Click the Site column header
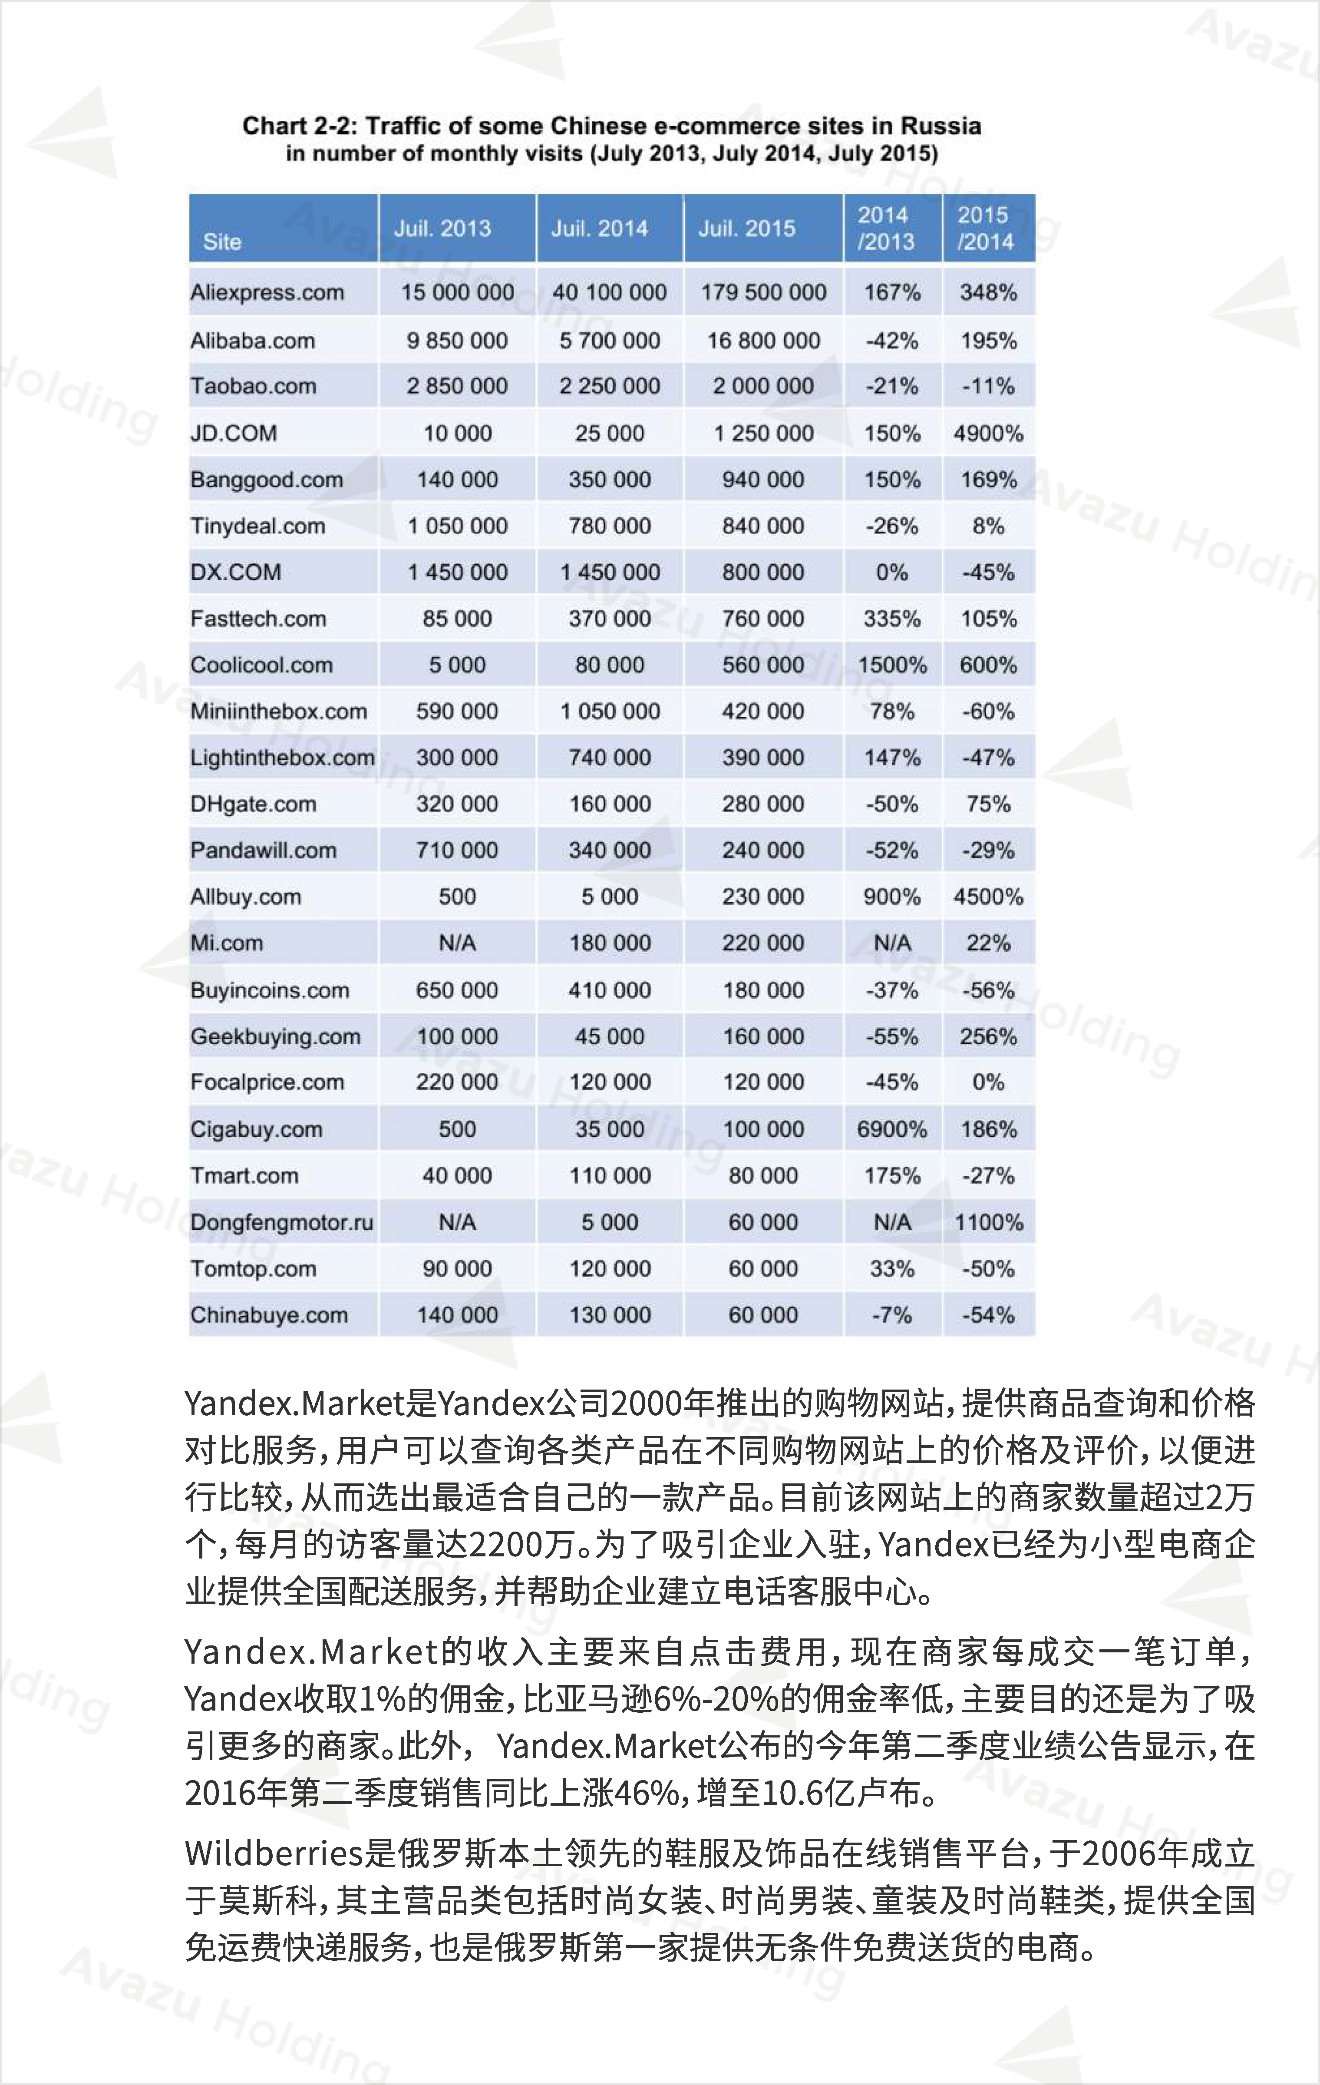(x=222, y=242)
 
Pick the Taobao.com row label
(x=253, y=386)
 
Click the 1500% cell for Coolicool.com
(x=891, y=665)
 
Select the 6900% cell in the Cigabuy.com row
(x=891, y=1129)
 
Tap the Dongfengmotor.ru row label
(x=281, y=1223)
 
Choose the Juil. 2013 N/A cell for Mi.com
(x=457, y=943)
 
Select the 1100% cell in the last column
(x=989, y=1223)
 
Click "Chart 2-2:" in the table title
(x=300, y=126)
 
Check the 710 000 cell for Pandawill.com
(x=457, y=850)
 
